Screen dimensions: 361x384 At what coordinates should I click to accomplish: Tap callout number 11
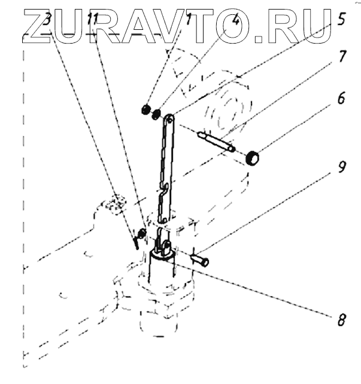[x=93, y=19]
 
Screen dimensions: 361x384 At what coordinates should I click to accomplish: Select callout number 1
[x=187, y=19]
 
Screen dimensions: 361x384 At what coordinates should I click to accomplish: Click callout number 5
[x=341, y=19]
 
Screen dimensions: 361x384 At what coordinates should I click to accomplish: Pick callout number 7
[x=341, y=56]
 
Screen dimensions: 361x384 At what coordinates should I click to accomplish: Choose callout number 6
[x=341, y=98]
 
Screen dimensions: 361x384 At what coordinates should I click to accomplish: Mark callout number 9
[x=341, y=167]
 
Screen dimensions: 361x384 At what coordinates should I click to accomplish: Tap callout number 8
[x=341, y=320]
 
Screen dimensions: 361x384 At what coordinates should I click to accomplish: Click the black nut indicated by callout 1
[x=145, y=109]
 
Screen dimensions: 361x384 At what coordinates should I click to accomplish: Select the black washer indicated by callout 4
[x=156, y=114]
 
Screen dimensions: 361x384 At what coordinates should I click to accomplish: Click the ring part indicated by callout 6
[x=252, y=158]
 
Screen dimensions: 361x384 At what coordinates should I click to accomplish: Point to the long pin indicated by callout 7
[x=216, y=142]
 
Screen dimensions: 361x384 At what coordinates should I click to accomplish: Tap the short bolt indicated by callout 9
[x=199, y=260]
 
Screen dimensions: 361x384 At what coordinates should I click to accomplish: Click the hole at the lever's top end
[x=169, y=119]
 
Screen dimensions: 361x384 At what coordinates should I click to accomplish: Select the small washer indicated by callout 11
[x=142, y=233]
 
